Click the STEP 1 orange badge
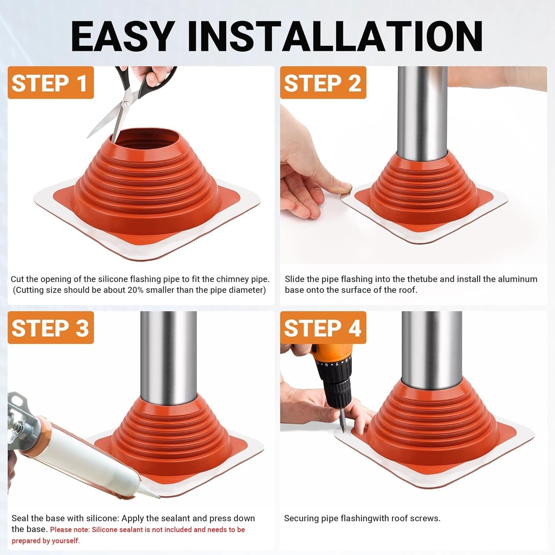click(x=51, y=83)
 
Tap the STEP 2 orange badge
click(x=323, y=83)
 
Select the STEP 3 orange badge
click(x=51, y=328)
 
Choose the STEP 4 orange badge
click(x=323, y=328)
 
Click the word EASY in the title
click(x=122, y=36)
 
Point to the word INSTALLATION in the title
click(x=335, y=36)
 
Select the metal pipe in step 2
click(x=422, y=111)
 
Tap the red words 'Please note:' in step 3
click(x=70, y=529)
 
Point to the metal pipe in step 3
click(x=168, y=355)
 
